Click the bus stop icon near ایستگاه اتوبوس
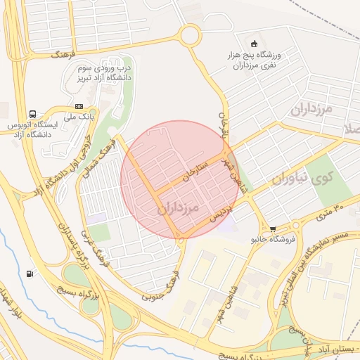pyautogui.click(x=32, y=114)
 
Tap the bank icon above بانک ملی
pyautogui.click(x=78, y=106)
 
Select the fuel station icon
pyautogui.click(x=29, y=273)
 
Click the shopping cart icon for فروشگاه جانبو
pyautogui.click(x=273, y=229)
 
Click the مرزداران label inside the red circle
pyautogui.click(x=179, y=208)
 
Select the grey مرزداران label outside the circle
pyautogui.click(x=310, y=109)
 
